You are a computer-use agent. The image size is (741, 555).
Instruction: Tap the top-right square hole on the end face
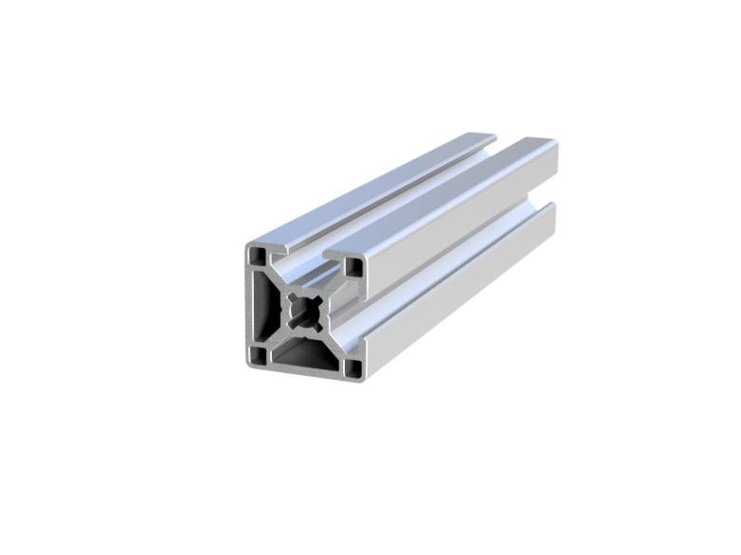[353, 268]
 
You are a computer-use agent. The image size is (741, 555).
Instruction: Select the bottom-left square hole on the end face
[258, 355]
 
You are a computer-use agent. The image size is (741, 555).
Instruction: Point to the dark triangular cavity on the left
[271, 305]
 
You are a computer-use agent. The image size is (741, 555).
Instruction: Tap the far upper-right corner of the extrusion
[554, 144]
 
